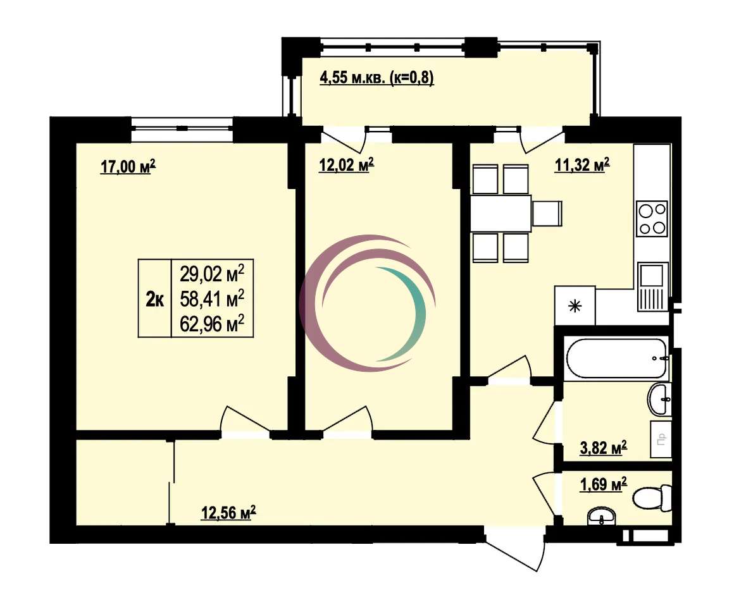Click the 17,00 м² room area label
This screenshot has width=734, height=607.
128,166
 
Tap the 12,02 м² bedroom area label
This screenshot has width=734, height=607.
346,165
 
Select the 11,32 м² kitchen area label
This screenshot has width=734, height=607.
582,165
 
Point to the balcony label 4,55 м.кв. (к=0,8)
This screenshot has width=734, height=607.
377,77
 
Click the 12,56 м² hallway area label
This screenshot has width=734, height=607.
228,513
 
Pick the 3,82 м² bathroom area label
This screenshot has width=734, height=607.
604,448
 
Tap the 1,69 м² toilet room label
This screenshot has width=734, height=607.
604,484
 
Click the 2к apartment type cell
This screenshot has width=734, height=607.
155,298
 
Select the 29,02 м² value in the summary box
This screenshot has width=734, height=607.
212,274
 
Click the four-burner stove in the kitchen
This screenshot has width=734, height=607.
652,219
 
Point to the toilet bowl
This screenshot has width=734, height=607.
652,498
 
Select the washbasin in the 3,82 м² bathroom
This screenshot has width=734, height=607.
659,400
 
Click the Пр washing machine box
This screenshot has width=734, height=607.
661,439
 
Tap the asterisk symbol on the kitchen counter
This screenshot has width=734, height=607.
575,307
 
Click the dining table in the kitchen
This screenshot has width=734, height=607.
501,213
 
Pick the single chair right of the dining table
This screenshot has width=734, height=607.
547,213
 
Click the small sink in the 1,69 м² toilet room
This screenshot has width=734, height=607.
602,517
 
